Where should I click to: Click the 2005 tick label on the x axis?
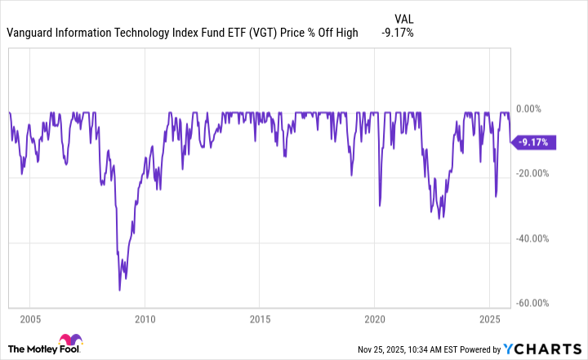30,318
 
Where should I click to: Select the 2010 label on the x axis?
145,318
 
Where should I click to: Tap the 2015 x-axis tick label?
260,318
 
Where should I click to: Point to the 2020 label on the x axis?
374,318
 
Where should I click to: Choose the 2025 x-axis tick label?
488,318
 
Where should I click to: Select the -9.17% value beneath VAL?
398,33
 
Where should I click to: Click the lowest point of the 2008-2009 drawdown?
119,290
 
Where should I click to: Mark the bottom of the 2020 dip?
380,206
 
